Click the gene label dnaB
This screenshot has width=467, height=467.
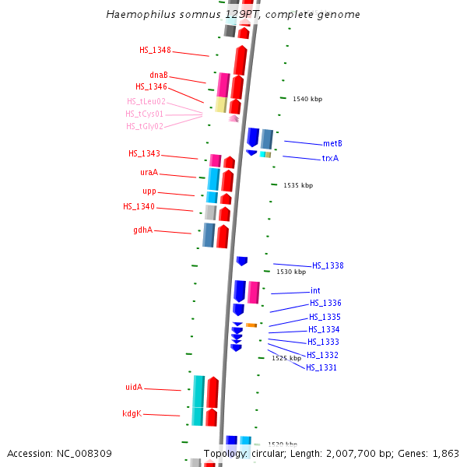159,75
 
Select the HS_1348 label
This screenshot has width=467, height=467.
155,50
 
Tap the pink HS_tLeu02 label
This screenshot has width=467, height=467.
146,101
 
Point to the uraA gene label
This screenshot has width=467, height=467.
149,172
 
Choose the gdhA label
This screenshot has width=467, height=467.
142,230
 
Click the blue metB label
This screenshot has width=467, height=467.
332,143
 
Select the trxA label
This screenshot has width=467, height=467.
330,158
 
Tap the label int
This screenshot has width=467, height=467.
315,290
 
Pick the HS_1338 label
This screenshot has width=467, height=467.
328,265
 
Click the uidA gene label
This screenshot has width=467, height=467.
134,387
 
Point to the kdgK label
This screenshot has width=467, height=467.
132,413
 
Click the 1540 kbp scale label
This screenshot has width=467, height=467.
307,99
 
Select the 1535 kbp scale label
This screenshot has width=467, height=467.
298,185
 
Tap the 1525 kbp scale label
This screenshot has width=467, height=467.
286,358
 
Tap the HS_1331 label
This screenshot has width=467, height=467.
321,367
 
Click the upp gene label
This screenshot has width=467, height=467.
149,191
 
